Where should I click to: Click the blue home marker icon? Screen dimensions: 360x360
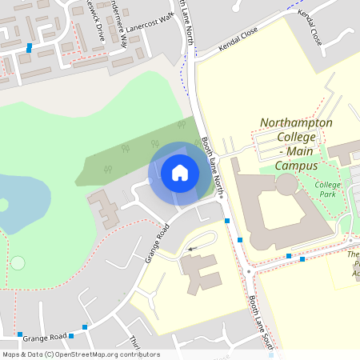(x=180, y=173)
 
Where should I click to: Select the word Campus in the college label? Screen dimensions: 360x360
(x=296, y=166)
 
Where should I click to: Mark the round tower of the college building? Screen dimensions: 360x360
(x=286, y=186)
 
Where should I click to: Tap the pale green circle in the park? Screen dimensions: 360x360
(x=18, y=262)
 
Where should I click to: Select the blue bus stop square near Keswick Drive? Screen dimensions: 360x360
(x=29, y=47)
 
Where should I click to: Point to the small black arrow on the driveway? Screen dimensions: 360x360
(x=190, y=249)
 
